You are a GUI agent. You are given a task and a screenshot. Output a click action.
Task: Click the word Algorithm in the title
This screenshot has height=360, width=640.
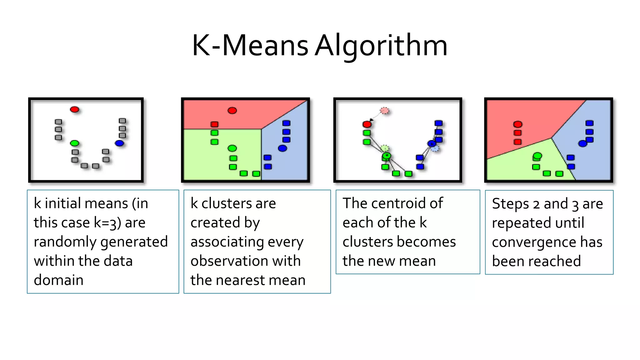pos(381,46)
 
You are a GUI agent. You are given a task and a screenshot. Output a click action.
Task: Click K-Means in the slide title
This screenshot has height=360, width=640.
pos(250,46)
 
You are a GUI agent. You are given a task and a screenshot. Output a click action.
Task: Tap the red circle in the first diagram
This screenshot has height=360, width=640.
pos(74,109)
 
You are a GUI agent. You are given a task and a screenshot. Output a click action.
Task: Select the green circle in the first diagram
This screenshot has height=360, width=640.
pos(74,143)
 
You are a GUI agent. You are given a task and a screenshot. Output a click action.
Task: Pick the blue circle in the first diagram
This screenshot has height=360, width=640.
pos(119,143)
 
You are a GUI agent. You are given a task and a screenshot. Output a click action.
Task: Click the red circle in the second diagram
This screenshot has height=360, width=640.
pos(232,110)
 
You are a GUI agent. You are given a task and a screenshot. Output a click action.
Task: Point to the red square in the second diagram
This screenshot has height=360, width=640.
pos(214,124)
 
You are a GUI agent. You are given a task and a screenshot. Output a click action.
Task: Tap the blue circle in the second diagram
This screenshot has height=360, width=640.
pos(282,148)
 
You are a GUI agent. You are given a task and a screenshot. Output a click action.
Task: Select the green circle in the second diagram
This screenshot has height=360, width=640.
pos(232,148)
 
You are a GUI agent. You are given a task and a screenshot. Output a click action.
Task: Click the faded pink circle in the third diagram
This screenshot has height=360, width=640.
pos(385,111)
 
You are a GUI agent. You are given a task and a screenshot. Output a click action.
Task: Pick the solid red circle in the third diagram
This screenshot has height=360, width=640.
pos(367,124)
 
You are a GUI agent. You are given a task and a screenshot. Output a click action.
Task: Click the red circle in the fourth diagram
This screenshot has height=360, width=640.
pos(518,124)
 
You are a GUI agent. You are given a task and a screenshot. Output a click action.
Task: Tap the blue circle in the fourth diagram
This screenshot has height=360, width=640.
pos(582,144)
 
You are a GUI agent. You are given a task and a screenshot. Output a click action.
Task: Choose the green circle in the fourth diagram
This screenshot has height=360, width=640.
pos(537,155)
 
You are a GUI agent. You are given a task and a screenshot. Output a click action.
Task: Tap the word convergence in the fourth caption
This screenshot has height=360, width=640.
pos(534,242)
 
